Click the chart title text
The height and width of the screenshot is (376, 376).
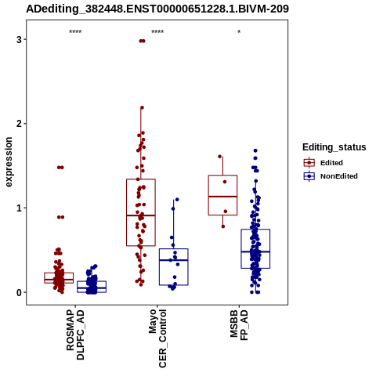(x=157, y=9)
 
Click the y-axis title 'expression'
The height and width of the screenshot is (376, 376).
(x=9, y=162)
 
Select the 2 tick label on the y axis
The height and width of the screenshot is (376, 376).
(x=20, y=124)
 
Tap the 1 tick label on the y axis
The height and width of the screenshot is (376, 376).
(x=20, y=208)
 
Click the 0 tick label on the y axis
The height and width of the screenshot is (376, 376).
(x=20, y=292)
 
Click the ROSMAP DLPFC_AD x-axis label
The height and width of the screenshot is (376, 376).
(x=75, y=334)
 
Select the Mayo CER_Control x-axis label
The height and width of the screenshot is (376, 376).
(x=157, y=338)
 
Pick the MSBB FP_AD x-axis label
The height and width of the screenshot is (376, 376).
(x=239, y=325)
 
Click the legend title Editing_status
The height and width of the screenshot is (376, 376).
(x=334, y=147)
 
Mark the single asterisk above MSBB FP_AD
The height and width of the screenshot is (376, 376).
(x=239, y=32)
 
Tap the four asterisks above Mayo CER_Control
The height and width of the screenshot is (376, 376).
(x=157, y=32)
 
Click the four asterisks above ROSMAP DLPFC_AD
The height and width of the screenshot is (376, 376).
(x=75, y=32)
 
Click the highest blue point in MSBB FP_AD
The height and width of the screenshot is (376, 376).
(x=255, y=150)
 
